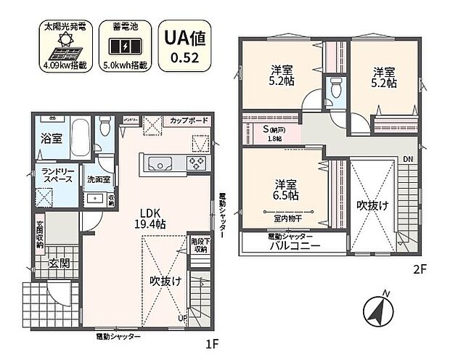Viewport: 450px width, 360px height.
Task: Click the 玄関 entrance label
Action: [59, 264]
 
